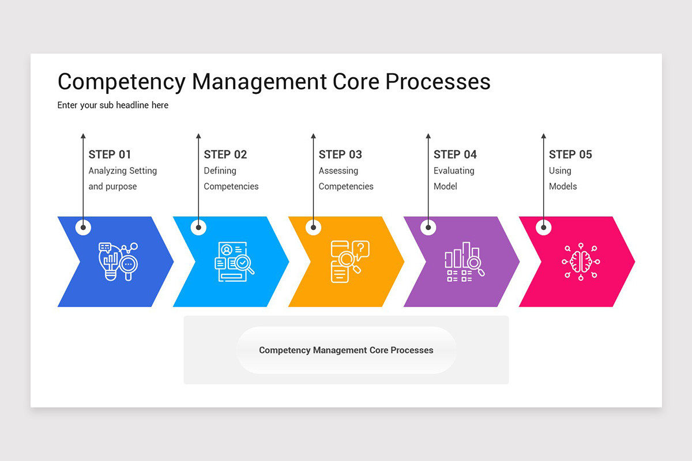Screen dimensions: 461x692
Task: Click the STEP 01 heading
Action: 110,154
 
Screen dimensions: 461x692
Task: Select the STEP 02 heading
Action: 225,154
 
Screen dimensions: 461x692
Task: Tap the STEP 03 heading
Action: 340,154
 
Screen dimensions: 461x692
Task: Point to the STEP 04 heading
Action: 455,154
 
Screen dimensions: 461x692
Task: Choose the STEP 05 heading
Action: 570,154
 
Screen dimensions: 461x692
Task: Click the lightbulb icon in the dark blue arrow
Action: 118,262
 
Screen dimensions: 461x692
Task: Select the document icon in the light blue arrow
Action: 234,262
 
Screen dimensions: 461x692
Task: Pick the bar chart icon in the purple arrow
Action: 464,262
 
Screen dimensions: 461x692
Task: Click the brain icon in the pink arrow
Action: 580,262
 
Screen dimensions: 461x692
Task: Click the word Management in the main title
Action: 259,82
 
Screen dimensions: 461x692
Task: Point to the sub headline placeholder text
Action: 113,105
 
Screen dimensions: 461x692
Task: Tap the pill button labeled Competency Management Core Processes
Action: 346,350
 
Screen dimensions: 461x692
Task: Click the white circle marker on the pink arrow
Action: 543,227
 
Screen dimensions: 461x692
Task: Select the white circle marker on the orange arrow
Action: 313,227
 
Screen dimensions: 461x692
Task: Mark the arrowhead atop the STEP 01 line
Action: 83,137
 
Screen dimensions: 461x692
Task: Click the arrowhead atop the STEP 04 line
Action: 428,137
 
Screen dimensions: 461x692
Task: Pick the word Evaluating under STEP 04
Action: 454,171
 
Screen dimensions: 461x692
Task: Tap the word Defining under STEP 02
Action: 220,171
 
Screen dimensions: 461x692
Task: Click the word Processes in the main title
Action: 438,82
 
